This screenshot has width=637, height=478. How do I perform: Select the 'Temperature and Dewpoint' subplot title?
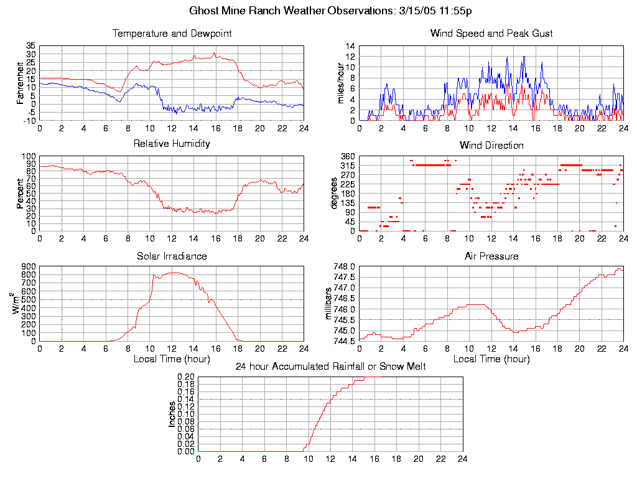click(172, 34)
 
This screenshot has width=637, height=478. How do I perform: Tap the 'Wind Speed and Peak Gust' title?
click(491, 34)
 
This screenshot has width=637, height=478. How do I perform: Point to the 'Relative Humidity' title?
click(172, 144)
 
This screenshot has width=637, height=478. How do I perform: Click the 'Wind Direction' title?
click(491, 146)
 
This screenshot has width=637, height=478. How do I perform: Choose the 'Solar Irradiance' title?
click(172, 256)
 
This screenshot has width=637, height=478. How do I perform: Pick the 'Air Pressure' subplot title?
click(491, 256)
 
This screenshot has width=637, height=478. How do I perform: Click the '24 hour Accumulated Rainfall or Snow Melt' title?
click(330, 367)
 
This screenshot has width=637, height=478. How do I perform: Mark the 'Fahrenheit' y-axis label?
click(20, 83)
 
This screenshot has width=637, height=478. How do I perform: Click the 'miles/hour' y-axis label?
click(340, 83)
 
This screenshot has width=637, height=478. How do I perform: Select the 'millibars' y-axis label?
click(329, 303)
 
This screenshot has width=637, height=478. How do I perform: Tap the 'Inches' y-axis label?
click(172, 414)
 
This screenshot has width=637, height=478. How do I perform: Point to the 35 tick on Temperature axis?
click(30, 46)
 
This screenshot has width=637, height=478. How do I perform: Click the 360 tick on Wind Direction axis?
click(347, 156)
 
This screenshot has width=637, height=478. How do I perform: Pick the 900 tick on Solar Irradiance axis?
click(29, 267)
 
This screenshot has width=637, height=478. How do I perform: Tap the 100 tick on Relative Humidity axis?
click(29, 156)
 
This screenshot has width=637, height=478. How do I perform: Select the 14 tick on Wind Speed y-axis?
click(350, 46)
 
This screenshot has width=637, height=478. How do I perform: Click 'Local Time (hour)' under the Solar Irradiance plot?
click(172, 359)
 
